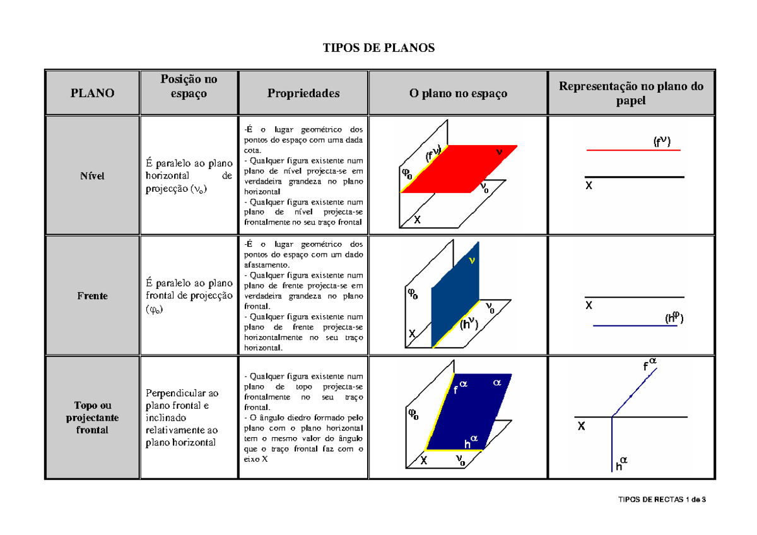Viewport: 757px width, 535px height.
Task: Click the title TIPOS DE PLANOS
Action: [378, 49]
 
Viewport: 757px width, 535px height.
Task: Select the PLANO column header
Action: [92, 93]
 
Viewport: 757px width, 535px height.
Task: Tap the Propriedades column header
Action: [303, 93]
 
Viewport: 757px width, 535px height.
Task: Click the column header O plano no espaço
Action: [458, 93]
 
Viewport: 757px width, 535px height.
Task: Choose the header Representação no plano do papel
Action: [631, 93]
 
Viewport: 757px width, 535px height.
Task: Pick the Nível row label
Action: [92, 176]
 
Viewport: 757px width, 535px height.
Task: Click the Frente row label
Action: [92, 295]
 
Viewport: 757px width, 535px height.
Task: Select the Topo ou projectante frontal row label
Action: [92, 417]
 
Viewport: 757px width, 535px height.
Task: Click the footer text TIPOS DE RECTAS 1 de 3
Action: [662, 500]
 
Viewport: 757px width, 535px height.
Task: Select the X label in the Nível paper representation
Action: [589, 187]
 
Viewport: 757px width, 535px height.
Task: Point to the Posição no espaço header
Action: [189, 86]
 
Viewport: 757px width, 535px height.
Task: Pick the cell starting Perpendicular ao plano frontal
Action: [182, 417]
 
